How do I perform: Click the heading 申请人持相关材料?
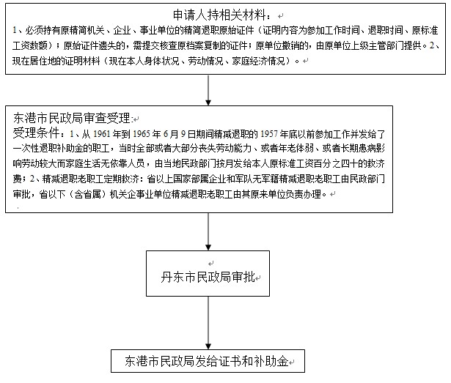219,15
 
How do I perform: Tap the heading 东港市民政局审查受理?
72,118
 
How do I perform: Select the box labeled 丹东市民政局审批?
208,273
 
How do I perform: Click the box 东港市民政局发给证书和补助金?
208,361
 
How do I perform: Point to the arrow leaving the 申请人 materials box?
208,90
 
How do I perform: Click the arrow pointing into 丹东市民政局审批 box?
208,231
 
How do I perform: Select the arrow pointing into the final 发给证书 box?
208,323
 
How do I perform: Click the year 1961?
101,134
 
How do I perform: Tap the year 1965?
142,134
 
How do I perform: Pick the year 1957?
269,134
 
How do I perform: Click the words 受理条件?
36,133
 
